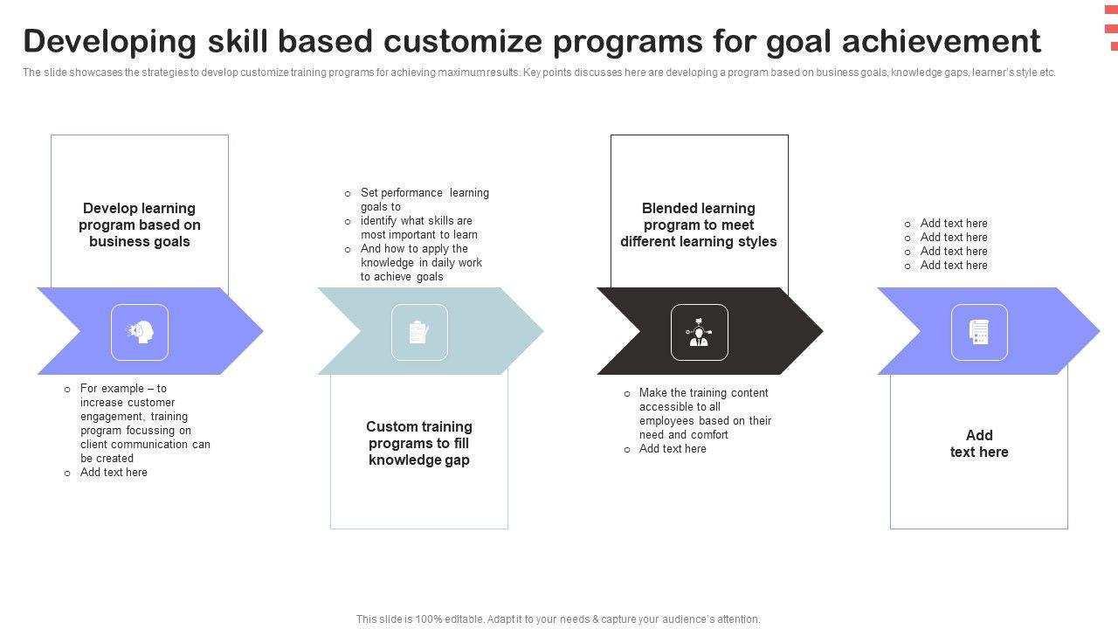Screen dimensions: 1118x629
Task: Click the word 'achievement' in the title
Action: point(942,41)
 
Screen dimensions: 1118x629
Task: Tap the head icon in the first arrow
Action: point(140,332)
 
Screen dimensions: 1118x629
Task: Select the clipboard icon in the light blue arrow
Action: point(419,332)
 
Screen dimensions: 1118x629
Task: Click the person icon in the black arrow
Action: point(699,332)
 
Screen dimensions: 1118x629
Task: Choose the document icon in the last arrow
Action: point(979,332)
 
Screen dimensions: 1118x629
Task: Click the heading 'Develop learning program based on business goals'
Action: point(140,225)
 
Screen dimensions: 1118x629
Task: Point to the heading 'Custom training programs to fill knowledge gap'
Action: point(419,443)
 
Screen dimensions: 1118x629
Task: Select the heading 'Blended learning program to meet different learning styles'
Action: point(699,225)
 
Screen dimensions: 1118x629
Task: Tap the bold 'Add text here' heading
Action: point(979,443)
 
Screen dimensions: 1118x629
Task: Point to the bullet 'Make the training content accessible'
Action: point(698,413)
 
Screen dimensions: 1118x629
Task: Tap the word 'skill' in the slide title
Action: point(238,41)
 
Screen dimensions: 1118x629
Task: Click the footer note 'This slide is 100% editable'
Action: point(558,619)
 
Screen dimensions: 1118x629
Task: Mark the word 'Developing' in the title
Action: point(110,42)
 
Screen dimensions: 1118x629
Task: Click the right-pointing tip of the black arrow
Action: point(823,330)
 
